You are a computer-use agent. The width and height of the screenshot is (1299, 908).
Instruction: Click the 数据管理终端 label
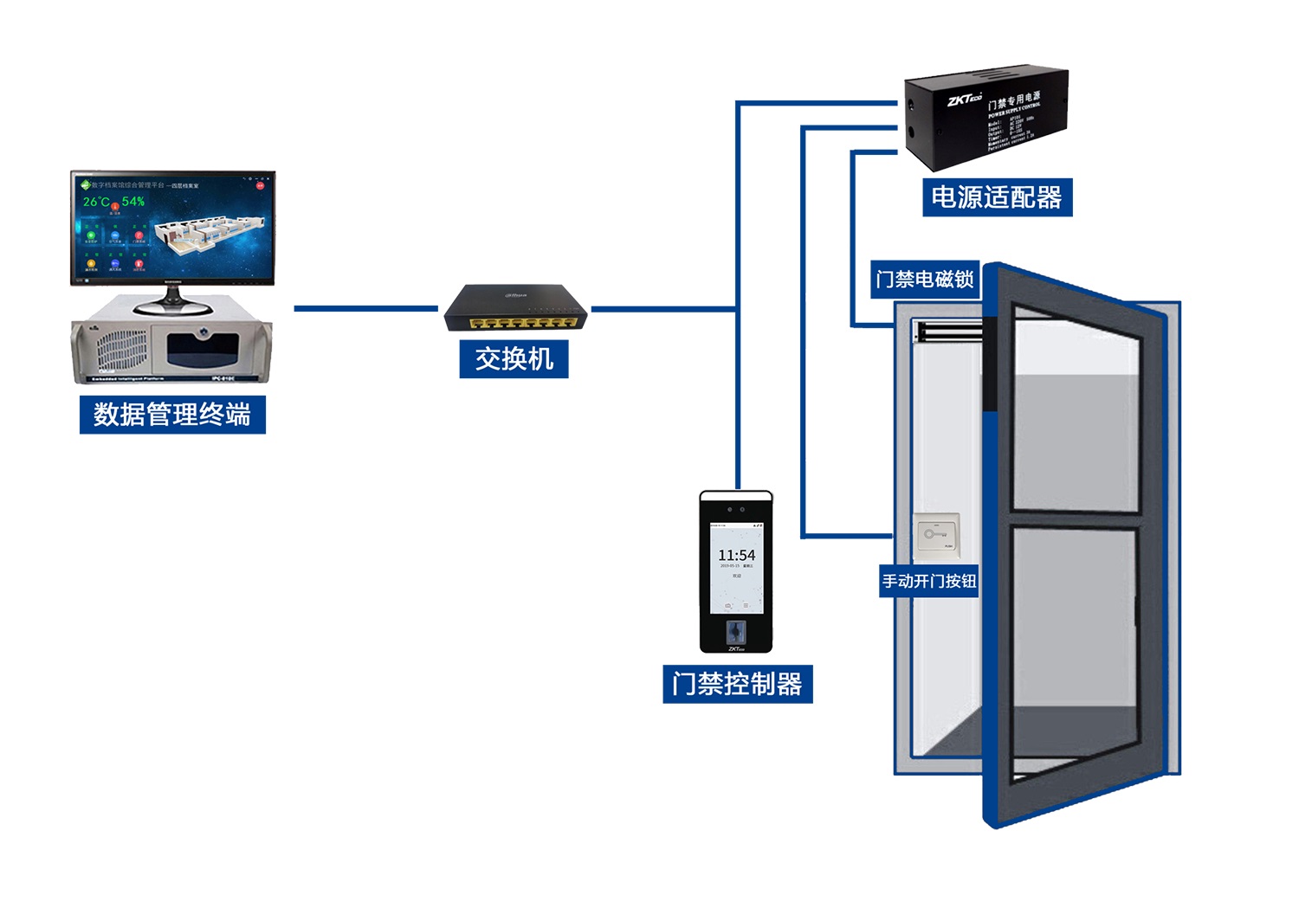[172, 415]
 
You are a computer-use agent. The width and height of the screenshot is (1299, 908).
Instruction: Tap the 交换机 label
[514, 358]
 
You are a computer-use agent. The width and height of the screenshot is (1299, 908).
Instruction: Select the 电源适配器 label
[997, 197]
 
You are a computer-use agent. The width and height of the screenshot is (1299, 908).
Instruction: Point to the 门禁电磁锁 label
[925, 280]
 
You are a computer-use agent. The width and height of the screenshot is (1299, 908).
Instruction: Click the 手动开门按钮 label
[929, 581]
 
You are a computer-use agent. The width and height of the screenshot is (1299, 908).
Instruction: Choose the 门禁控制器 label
[737, 684]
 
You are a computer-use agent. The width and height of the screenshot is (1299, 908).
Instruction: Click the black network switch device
[515, 309]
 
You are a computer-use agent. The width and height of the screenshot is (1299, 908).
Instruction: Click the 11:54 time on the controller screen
[736, 555]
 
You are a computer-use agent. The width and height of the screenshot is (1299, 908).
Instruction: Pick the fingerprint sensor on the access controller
[736, 629]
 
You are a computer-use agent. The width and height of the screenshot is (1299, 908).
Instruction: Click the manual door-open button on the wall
[936, 534]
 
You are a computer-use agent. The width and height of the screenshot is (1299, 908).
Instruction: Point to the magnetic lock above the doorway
[948, 331]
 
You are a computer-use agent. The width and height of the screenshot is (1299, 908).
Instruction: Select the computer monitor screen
[173, 228]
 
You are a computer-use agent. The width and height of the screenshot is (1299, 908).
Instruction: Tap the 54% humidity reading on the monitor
[133, 202]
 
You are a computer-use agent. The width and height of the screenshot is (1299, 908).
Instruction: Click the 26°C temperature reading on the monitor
[96, 202]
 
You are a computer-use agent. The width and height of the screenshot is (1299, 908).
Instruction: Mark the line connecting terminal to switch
[365, 308]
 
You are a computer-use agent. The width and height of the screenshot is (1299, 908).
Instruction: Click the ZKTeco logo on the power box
[964, 100]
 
